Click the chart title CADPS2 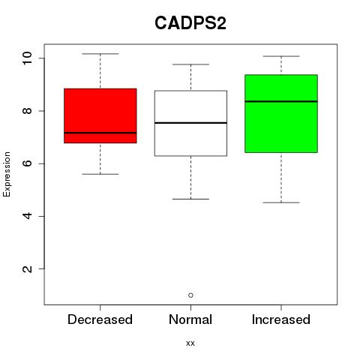coord(190,23)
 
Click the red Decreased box coord(100,115)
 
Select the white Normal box coord(190,123)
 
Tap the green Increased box coord(281,113)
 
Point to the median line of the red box coord(100,133)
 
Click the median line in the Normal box coord(190,123)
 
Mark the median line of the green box coord(281,101)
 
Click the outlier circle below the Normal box coord(190,295)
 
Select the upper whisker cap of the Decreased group coord(100,54)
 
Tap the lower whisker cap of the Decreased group coord(100,174)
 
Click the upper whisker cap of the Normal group coord(190,64)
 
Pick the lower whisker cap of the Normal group coord(190,199)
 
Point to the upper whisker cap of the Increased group coord(281,56)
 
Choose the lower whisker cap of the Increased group coord(281,202)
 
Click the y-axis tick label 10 coord(27,58)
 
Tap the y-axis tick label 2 coord(27,269)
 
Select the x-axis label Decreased coord(100,319)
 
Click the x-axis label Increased coord(281,319)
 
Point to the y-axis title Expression coord(7,174)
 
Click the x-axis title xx coord(190,343)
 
